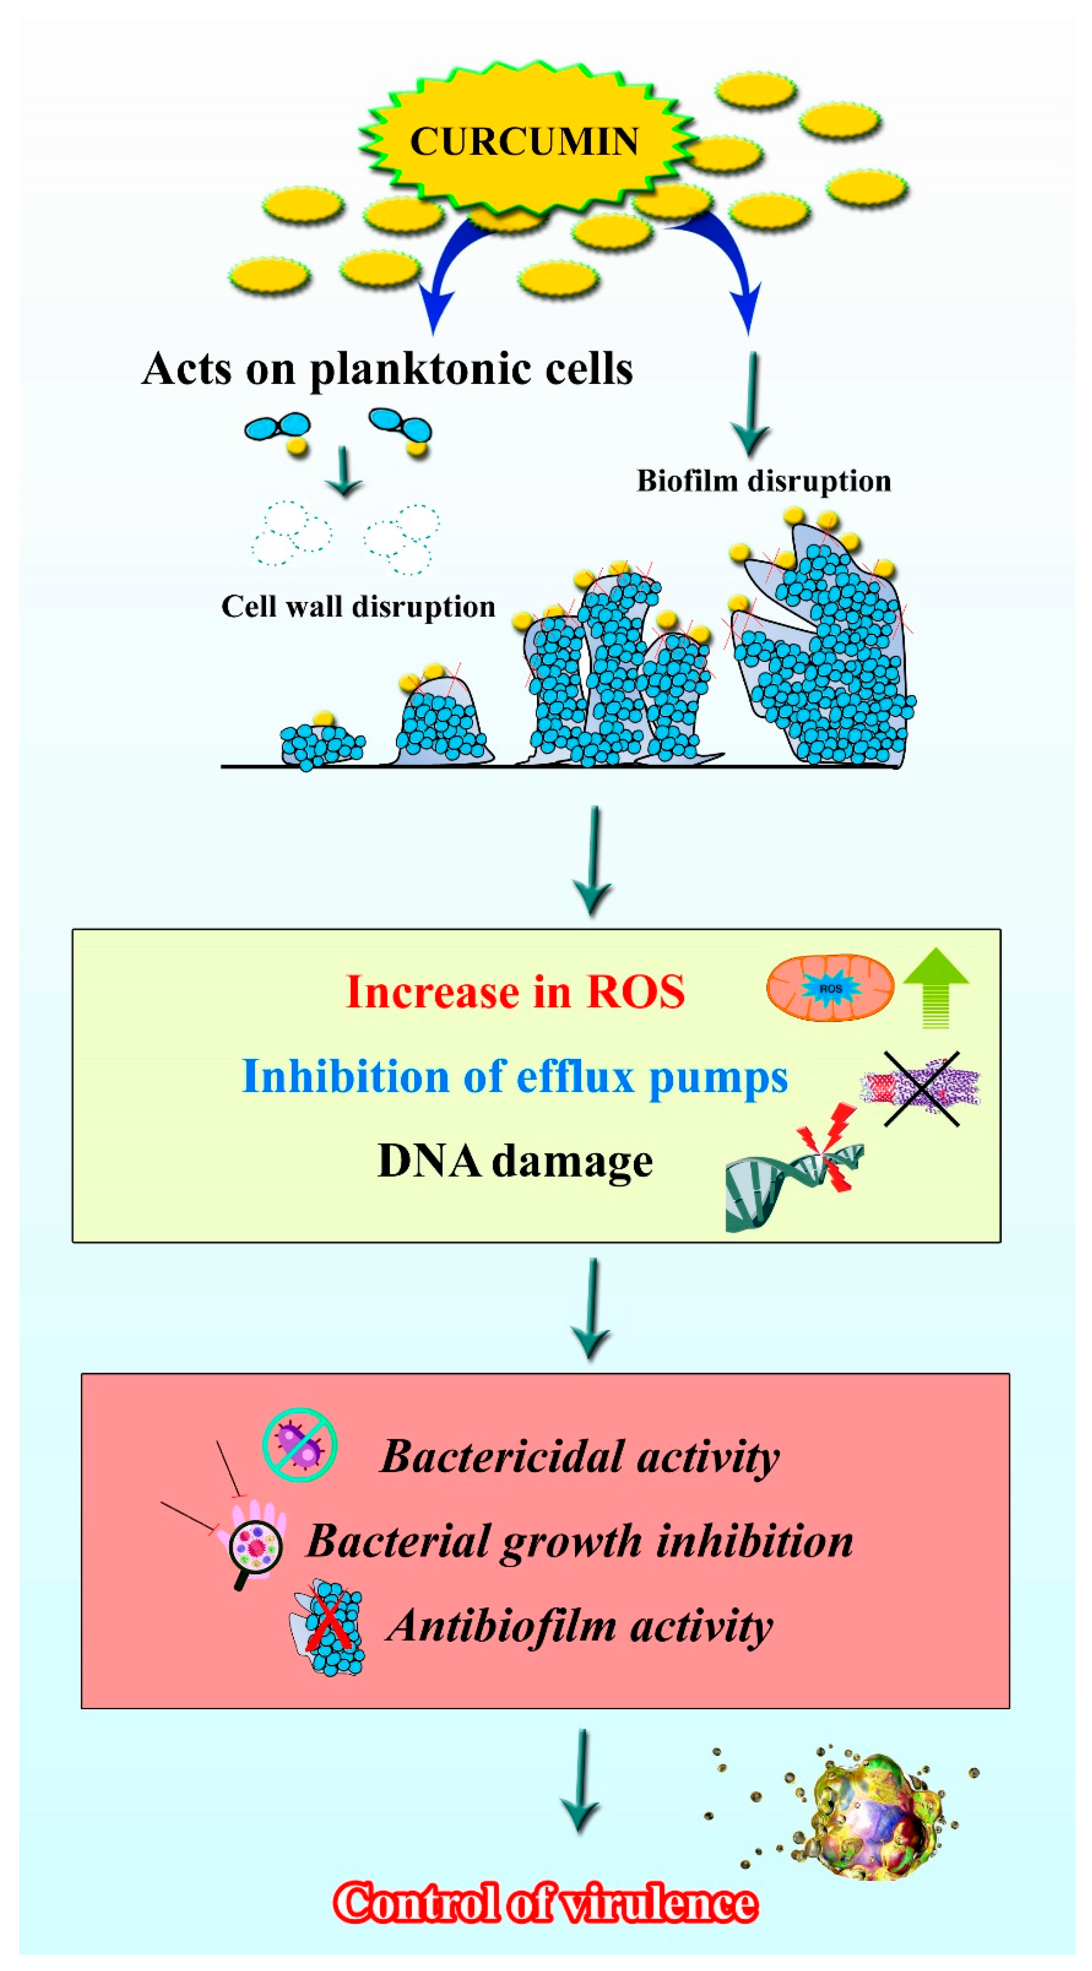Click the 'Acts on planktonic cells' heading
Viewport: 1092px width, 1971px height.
(x=387, y=369)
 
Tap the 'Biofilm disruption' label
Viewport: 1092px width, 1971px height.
(x=764, y=481)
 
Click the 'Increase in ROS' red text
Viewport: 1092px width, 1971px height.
(x=515, y=992)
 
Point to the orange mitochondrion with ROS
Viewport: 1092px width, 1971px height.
(x=830, y=988)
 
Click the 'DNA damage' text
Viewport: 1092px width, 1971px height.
(x=515, y=1161)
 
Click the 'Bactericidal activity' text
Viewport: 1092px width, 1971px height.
(x=579, y=1456)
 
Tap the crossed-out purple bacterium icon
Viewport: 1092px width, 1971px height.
(x=300, y=1445)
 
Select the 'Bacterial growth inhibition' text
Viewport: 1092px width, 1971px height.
(x=579, y=1540)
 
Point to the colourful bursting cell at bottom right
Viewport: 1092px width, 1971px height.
(x=876, y=1817)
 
